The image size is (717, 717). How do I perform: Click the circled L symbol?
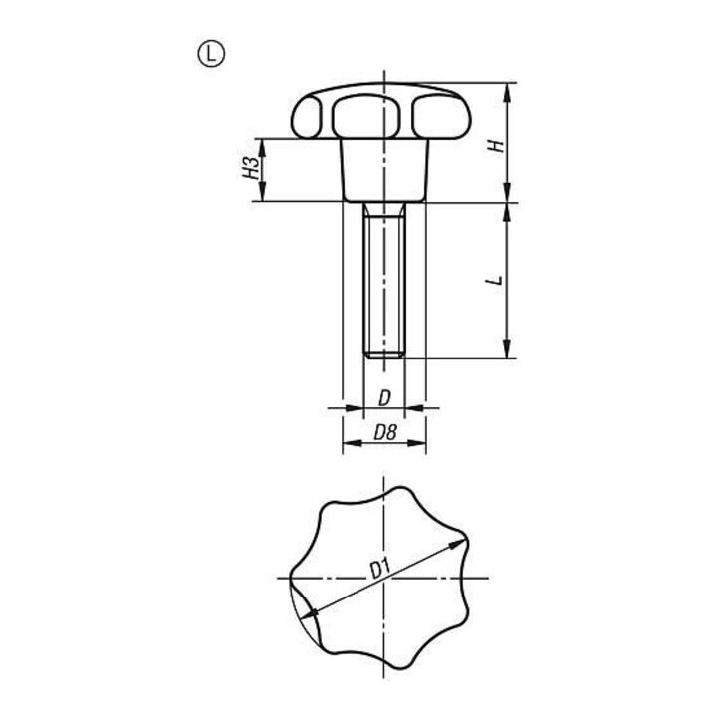(211, 54)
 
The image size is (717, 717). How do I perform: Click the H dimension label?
(496, 145)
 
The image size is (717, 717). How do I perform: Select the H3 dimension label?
(251, 168)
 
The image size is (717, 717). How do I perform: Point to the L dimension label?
(495, 280)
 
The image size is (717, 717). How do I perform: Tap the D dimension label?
(385, 398)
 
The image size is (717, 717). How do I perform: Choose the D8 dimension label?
(385, 432)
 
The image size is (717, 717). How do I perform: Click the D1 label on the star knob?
(380, 570)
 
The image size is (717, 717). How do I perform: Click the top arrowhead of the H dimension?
(507, 93)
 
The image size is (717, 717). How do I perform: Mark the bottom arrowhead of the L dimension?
(507, 349)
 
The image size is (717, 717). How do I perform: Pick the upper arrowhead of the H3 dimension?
(262, 148)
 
